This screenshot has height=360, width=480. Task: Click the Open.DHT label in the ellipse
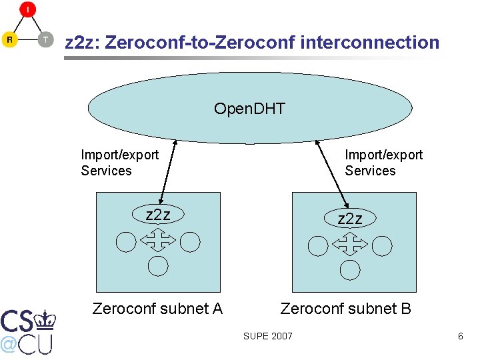coord(249,109)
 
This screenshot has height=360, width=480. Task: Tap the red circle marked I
coord(27,10)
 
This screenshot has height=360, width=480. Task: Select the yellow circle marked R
coord(10,39)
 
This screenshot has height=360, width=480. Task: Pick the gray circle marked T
coord(45,39)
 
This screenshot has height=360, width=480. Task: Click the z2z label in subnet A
coord(158,215)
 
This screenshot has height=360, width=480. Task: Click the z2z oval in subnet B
coord(350,219)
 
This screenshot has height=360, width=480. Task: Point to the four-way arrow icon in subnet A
coord(158,240)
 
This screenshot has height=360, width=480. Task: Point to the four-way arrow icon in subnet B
coord(349,245)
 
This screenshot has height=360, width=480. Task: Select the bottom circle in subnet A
coord(157,266)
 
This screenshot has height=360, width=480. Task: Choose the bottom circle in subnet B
coord(349,270)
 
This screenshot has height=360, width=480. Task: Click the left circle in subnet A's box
coord(126,242)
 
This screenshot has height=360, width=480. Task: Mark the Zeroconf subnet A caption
coord(157,309)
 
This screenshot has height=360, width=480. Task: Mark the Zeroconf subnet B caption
coord(345,309)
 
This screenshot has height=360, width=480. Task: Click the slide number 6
coord(460,336)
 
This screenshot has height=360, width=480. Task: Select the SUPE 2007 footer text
coord(267,336)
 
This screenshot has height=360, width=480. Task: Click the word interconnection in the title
coord(370,43)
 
